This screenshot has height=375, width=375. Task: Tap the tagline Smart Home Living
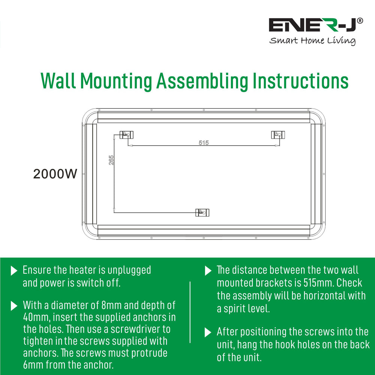(312, 40)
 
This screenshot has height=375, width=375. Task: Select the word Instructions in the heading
(300, 81)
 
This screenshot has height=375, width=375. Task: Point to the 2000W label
(55, 174)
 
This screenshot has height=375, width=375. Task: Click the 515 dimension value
(204, 142)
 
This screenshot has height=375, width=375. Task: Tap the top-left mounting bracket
(126, 135)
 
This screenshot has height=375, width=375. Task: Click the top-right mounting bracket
(278, 135)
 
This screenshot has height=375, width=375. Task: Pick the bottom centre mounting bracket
(202, 212)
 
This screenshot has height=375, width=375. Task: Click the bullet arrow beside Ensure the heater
(14, 270)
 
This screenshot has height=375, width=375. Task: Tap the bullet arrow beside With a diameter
(14, 306)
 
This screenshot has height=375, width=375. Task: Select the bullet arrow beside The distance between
(208, 270)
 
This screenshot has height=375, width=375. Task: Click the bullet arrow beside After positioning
(208, 332)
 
